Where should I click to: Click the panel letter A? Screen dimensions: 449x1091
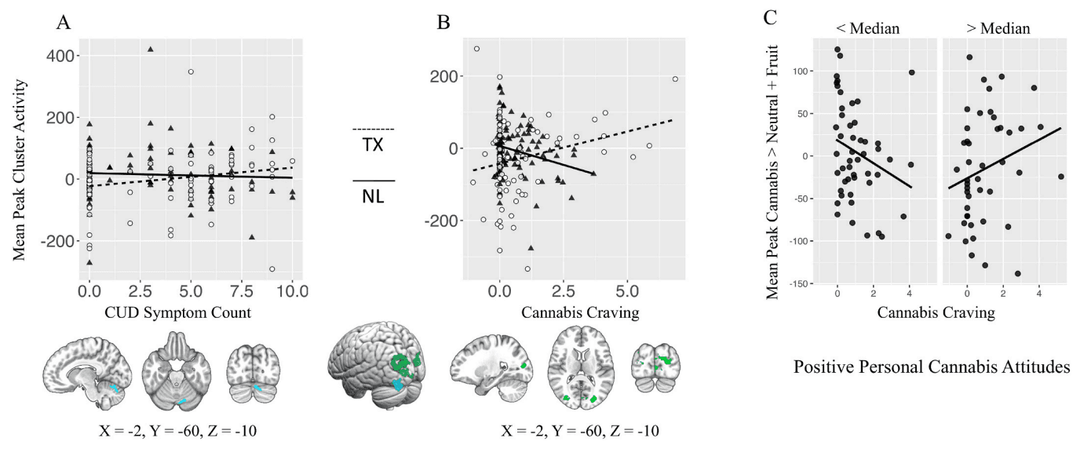point(64,23)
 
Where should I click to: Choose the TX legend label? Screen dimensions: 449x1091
point(374,146)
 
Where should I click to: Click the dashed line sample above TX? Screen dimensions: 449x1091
point(374,129)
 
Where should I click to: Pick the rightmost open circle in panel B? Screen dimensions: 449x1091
point(675,79)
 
